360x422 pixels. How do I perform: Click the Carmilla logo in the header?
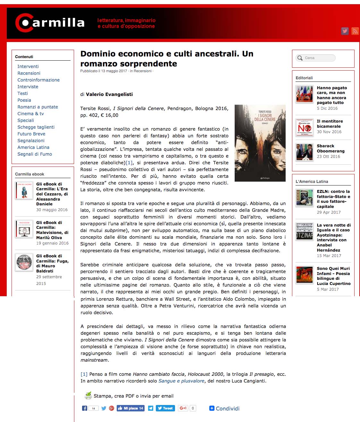pyautogui.click(x=50, y=22)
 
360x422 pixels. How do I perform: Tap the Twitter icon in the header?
pyautogui.click(x=345, y=31)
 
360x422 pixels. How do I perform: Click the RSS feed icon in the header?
pyautogui.click(x=355, y=31)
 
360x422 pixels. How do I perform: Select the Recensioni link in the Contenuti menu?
pyautogui.click(x=29, y=73)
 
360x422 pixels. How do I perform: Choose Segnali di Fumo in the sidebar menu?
pyautogui.click(x=35, y=154)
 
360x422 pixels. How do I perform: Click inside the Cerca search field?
pyautogui.click(x=317, y=58)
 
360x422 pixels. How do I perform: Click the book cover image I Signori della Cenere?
pyautogui.click(x=260, y=143)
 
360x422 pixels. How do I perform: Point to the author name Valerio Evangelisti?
pyautogui.click(x=109, y=94)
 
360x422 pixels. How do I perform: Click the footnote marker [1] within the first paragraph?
pyautogui.click(x=129, y=163)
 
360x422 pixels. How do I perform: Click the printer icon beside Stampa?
pyautogui.click(x=88, y=396)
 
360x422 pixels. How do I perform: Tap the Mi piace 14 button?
pyautogui.click(x=130, y=408)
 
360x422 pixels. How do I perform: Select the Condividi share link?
pyautogui.click(x=224, y=409)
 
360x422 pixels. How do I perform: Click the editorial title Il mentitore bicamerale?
pyautogui.click(x=330, y=124)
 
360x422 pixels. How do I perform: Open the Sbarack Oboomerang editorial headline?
pyautogui.click(x=331, y=148)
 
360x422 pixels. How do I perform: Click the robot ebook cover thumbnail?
pyautogui.click(x=24, y=191)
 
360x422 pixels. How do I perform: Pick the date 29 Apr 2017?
pyautogui.click(x=329, y=212)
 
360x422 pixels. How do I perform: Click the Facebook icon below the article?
pyautogui.click(x=85, y=408)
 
